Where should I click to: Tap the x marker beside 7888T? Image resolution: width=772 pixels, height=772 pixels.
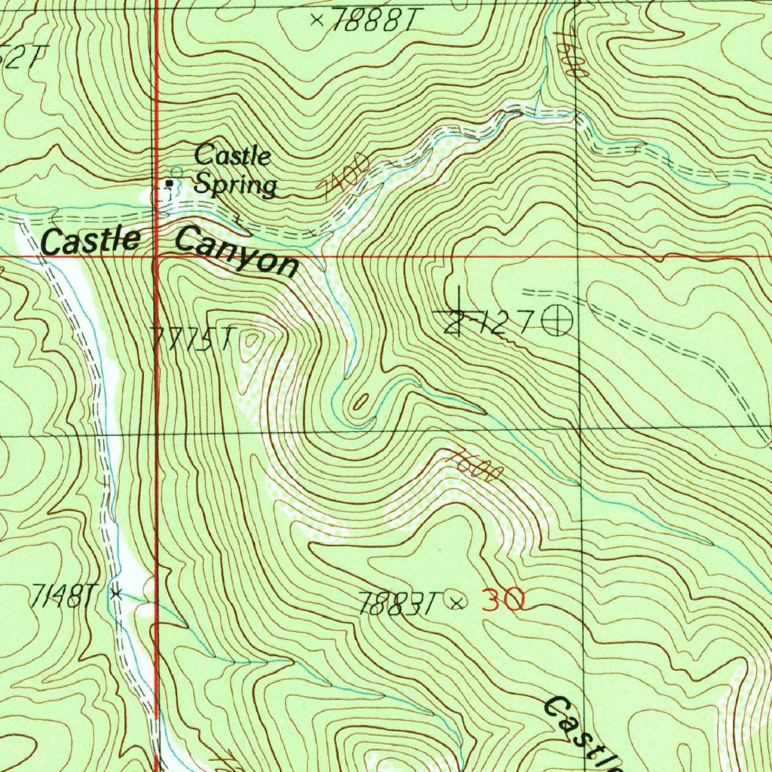click(x=317, y=20)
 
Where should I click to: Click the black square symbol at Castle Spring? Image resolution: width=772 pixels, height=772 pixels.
click(x=170, y=183)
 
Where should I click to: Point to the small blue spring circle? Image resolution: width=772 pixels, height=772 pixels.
click(x=178, y=172)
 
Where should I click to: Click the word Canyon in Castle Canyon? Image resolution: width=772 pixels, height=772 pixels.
click(x=236, y=252)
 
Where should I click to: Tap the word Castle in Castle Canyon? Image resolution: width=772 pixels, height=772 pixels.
click(x=90, y=241)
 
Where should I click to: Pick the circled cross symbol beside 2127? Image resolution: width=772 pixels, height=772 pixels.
click(x=558, y=322)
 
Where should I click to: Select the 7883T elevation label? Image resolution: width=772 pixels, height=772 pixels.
click(x=399, y=603)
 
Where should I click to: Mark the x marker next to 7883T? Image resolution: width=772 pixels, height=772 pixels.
click(x=456, y=601)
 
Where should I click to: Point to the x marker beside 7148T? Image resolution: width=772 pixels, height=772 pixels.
click(x=115, y=593)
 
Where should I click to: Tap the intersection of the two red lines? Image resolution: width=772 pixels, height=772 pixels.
click(x=155, y=256)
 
